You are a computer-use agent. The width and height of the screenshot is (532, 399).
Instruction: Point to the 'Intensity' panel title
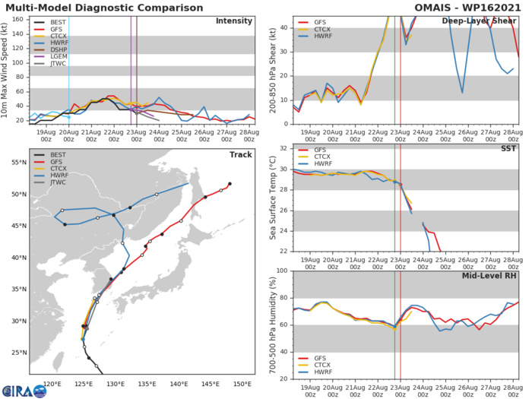pos(234,21)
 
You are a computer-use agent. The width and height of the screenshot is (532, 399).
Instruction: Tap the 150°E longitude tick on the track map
pos(242,384)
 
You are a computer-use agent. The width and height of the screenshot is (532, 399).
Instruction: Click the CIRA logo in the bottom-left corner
pos(18,388)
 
